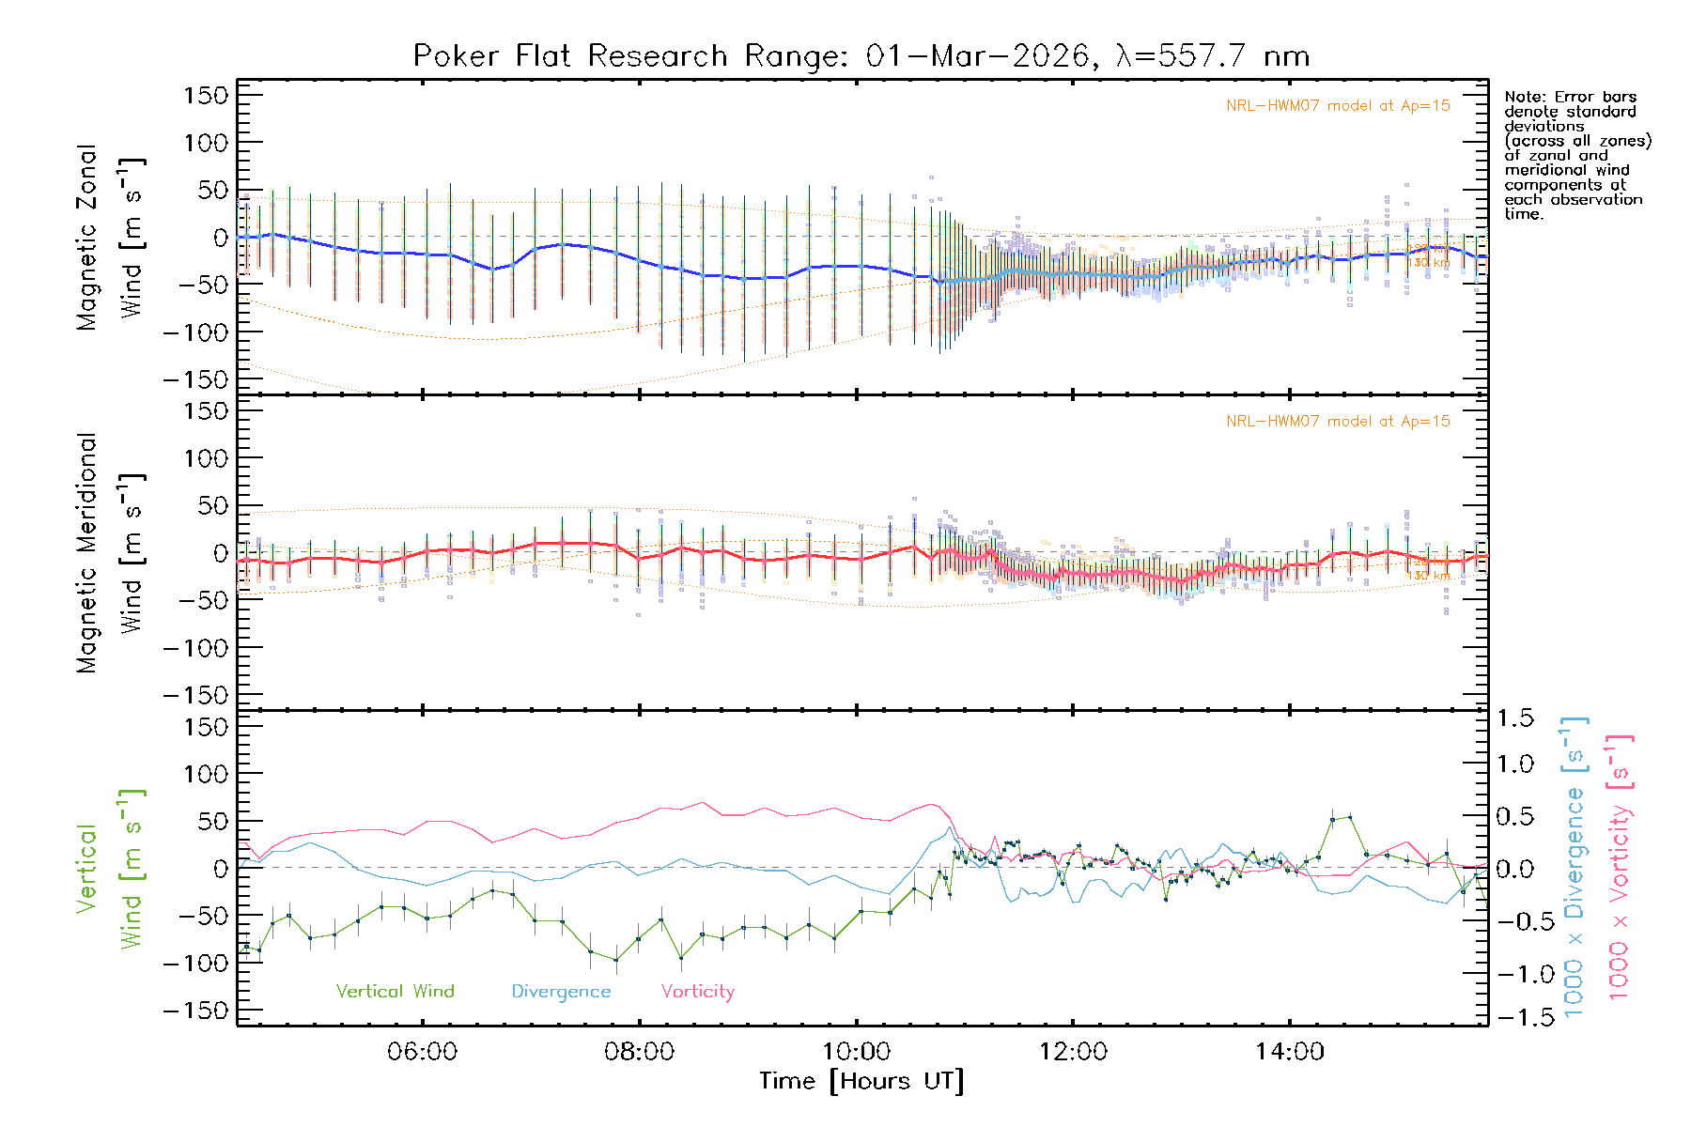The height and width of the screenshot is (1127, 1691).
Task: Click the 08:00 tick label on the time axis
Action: click(639, 1052)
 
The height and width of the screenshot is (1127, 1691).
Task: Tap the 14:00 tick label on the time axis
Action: click(1289, 1052)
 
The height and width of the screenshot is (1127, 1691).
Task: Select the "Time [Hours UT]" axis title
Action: click(861, 1081)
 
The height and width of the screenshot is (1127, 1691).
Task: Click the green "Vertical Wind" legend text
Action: click(395, 991)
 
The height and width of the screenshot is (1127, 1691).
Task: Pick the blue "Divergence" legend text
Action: click(561, 991)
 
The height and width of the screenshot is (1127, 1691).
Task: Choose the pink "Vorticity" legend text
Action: click(697, 991)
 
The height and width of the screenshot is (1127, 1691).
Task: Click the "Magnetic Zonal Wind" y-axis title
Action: click(109, 237)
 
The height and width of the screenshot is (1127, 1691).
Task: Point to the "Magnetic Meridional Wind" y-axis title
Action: click(109, 552)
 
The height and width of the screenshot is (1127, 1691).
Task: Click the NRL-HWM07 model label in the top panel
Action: click(1338, 106)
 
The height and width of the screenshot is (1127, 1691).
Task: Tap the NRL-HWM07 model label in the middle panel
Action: click(1338, 422)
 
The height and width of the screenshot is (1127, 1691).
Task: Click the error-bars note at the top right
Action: click(1577, 155)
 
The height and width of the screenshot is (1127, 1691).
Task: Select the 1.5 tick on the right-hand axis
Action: click(1515, 718)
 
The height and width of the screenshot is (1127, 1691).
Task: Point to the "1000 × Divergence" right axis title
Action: click(1574, 866)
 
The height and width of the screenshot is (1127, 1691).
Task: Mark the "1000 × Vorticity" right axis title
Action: click(1619, 866)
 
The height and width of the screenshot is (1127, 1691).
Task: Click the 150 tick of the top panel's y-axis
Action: click(207, 95)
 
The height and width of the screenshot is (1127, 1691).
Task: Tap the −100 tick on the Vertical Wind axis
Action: click(195, 963)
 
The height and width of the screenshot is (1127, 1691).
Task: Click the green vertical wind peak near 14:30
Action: click(1350, 817)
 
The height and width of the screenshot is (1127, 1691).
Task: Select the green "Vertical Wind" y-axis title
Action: click(109, 868)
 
